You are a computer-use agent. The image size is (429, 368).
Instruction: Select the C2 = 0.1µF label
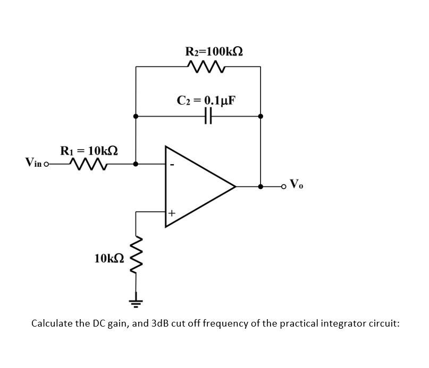(207, 100)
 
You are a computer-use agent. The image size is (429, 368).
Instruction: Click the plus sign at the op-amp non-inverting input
(172, 213)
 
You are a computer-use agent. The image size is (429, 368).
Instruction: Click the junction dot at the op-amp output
(260, 186)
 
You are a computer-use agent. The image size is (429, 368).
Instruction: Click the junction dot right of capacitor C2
(260, 116)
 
